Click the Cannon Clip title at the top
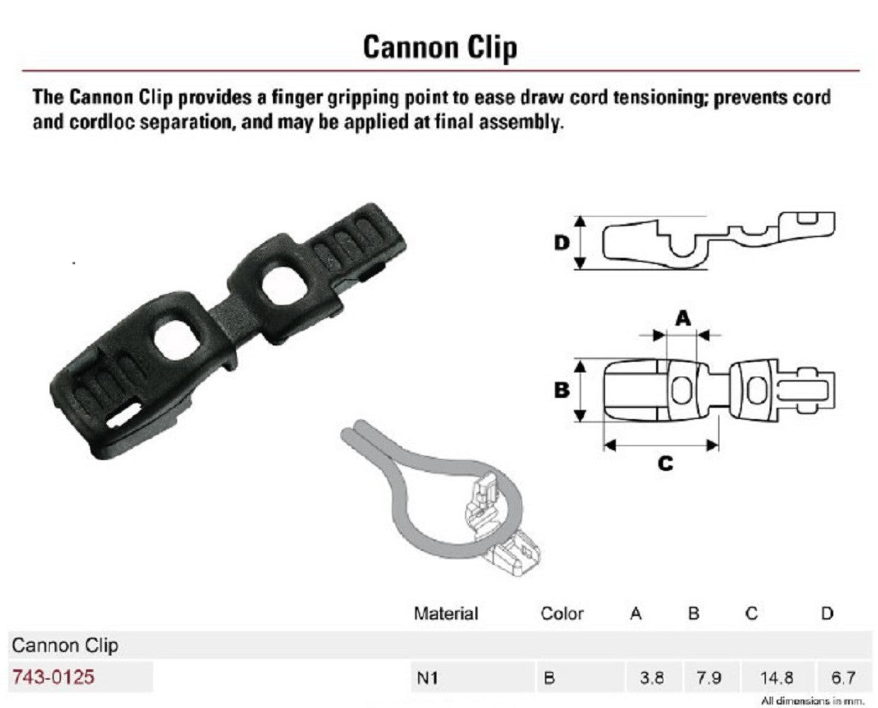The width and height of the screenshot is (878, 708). point(439,47)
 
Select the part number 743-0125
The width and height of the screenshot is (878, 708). point(53,677)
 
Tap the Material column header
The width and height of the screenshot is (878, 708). point(446,613)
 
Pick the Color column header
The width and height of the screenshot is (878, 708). point(562,613)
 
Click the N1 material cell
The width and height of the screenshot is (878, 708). point(427,678)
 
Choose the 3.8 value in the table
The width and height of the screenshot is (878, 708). point(651,678)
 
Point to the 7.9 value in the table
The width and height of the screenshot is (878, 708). point(708,678)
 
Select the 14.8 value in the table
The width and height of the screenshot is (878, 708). point(776,678)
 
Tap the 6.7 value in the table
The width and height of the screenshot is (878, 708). point(843,678)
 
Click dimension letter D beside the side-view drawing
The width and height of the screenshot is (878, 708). point(561,244)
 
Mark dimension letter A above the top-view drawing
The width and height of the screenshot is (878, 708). point(682,319)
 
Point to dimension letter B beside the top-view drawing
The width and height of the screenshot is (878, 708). point(561,390)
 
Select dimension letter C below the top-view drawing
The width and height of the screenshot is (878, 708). point(665,464)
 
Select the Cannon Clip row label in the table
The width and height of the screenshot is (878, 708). point(65,645)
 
